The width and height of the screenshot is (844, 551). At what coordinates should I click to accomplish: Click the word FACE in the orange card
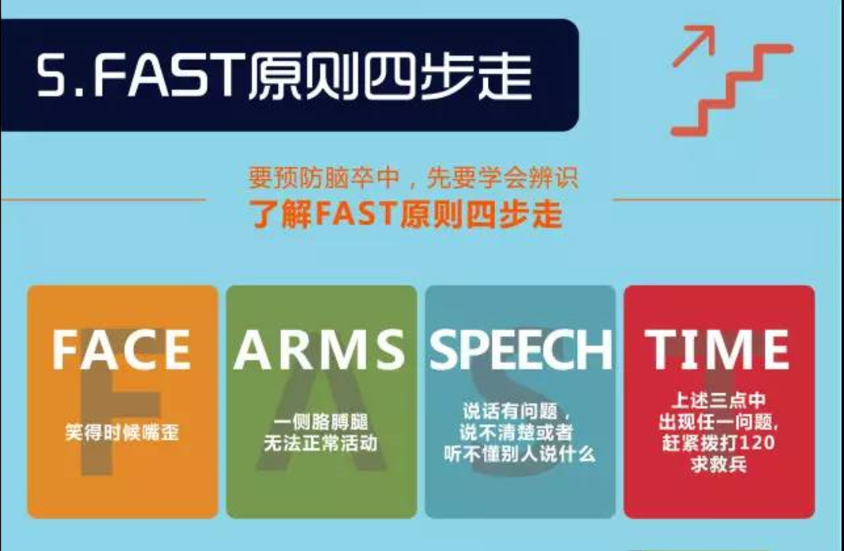(x=122, y=350)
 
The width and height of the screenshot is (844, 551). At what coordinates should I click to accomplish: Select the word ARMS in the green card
(x=319, y=350)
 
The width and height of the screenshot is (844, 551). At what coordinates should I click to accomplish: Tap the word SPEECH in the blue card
(x=520, y=350)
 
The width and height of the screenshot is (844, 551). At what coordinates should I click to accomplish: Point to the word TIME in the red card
(x=717, y=350)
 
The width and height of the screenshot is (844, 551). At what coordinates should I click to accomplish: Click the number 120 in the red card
(x=757, y=443)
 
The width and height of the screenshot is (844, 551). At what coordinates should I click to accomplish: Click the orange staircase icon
(x=732, y=91)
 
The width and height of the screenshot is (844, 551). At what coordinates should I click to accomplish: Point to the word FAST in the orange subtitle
(x=356, y=214)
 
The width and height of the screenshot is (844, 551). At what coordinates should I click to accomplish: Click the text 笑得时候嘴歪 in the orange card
(x=122, y=432)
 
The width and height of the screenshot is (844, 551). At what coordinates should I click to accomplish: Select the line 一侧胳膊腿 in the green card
(x=321, y=422)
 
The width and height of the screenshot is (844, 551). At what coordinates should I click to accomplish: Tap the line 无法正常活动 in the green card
(x=321, y=444)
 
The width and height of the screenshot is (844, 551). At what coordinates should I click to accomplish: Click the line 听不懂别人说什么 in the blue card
(x=520, y=454)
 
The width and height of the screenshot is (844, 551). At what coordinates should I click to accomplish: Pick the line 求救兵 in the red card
(x=719, y=464)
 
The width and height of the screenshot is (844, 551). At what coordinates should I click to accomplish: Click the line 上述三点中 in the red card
(x=719, y=400)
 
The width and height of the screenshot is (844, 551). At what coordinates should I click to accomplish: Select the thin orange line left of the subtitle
(x=103, y=200)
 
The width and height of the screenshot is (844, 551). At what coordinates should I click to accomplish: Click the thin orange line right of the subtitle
(x=727, y=200)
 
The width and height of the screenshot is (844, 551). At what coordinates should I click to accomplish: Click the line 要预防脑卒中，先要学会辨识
(x=414, y=178)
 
